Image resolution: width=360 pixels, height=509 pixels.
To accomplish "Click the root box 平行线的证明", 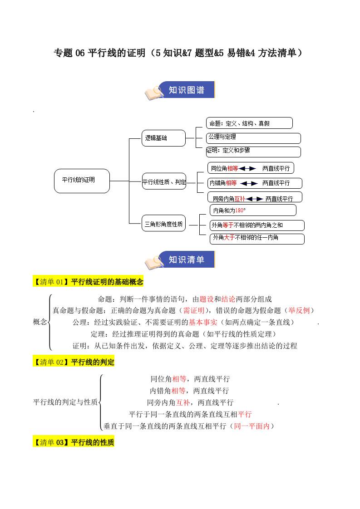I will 82,181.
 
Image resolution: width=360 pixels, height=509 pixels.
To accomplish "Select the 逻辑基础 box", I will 163,138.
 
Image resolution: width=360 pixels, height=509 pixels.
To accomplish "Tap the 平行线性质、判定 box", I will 164,182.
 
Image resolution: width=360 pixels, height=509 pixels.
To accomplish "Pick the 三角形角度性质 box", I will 164,224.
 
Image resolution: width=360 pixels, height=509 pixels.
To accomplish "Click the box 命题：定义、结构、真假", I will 249,123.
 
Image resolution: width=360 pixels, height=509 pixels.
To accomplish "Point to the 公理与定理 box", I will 253,137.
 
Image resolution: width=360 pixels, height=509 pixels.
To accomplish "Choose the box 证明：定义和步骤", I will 253,151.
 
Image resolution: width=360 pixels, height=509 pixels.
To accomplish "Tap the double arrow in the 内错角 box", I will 249,183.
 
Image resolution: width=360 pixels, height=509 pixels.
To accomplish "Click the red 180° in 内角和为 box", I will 241,210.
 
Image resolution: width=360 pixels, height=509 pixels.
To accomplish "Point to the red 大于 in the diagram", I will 229,238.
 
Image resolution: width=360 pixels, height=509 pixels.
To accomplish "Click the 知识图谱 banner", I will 186,90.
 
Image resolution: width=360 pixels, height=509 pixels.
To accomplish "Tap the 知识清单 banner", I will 186,260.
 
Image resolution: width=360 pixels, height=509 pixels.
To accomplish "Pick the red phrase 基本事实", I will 203,322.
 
